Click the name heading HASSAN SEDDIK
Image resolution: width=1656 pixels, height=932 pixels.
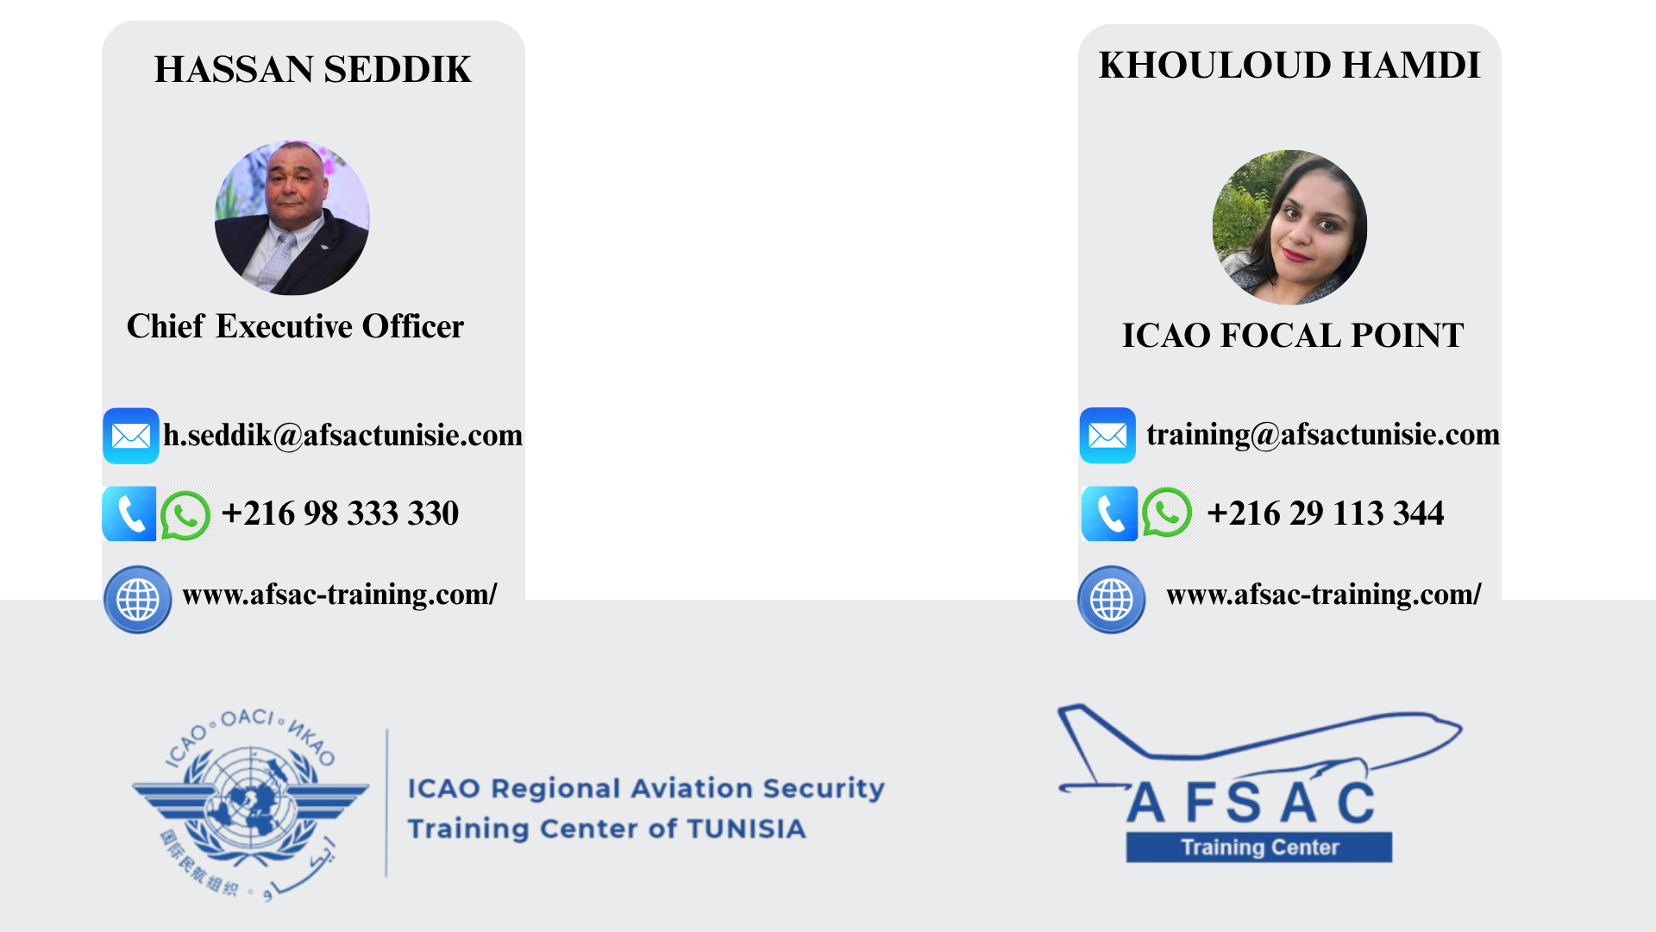point(313,69)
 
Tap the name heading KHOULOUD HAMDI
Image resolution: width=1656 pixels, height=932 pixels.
point(1289,65)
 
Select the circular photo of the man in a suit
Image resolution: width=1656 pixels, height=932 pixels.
point(292,217)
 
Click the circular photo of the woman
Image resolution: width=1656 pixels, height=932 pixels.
point(1289,227)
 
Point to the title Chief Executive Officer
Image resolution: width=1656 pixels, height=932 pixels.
point(295,326)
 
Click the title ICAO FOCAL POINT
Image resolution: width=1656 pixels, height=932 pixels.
point(1293,335)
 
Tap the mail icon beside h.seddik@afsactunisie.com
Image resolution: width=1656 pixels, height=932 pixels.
point(131,436)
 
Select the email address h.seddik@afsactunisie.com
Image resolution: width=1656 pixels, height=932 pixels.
point(343,435)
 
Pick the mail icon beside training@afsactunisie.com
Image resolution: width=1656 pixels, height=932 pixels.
point(1107,435)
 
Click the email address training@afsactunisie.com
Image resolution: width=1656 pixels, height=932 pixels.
point(1323,434)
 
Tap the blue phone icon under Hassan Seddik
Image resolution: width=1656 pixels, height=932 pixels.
point(129,513)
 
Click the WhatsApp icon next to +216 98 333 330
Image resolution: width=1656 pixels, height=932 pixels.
point(185,515)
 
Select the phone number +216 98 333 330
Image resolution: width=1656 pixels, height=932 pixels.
point(340,513)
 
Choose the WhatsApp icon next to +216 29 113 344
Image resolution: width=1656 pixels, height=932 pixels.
point(1167,513)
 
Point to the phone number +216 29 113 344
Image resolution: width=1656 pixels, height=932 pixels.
point(1326,513)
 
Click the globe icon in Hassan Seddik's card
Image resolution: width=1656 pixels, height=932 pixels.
point(138,600)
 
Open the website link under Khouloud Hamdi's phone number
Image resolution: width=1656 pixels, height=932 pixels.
point(1324,595)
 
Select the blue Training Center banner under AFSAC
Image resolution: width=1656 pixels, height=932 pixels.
point(1259,847)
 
